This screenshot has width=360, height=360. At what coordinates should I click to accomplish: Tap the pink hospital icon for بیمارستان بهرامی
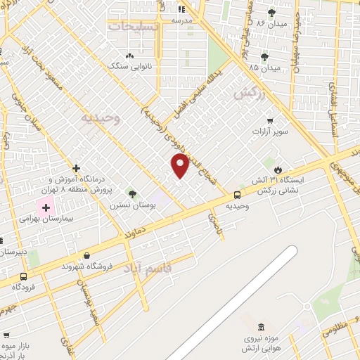point(46,208)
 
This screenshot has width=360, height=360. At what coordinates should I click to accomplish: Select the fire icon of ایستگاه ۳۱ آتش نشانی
point(279,169)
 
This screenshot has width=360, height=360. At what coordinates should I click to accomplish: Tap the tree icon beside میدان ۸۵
point(264,57)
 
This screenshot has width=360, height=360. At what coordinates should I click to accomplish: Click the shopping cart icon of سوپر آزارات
point(270,120)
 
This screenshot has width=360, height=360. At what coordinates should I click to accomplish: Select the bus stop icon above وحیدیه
point(237,195)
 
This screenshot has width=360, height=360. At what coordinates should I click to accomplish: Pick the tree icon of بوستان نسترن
point(131,193)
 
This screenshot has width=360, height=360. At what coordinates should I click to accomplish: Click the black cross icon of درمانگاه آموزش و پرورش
point(76,168)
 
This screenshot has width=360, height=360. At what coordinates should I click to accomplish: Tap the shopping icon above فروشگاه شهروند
point(86,256)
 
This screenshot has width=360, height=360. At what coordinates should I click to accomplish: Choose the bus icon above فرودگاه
point(24,276)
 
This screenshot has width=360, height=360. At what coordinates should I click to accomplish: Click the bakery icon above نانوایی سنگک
point(129,56)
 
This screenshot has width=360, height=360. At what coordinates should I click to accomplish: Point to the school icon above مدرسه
point(181,10)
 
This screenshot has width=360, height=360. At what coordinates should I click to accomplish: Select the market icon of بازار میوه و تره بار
point(6,335)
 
